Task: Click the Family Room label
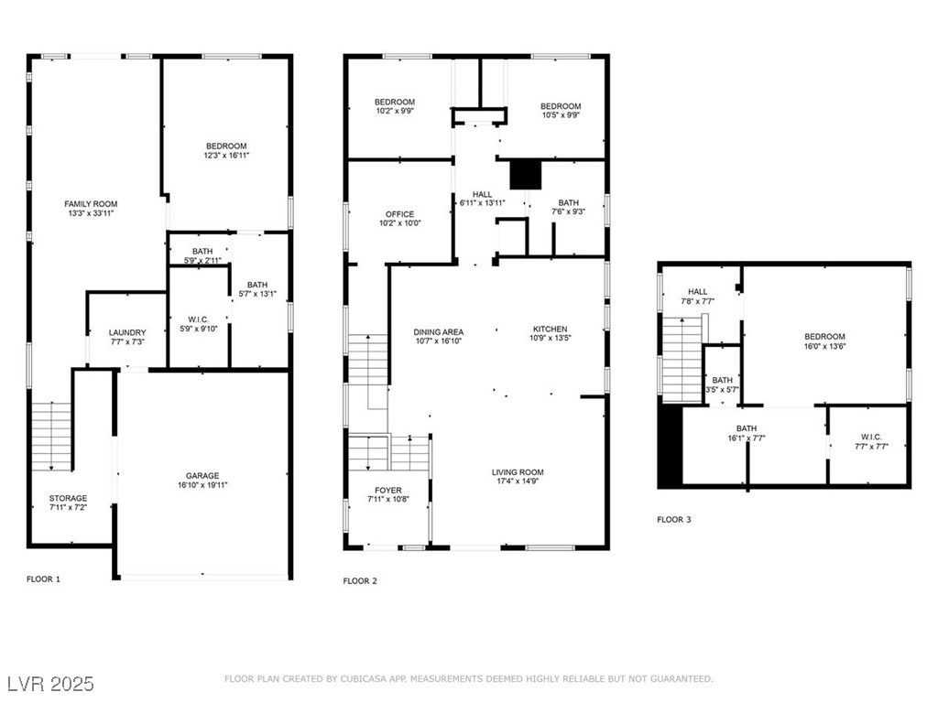(91, 204)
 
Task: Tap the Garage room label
(202, 475)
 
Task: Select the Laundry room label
(127, 332)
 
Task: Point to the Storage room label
(68, 498)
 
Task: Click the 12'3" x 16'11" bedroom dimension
(225, 157)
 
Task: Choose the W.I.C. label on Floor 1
(197, 320)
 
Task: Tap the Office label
(399, 214)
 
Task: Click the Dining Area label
(438, 331)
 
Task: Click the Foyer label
(387, 491)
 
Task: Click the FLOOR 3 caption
(673, 520)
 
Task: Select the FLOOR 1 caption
(43, 579)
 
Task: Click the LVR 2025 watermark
(51, 684)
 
